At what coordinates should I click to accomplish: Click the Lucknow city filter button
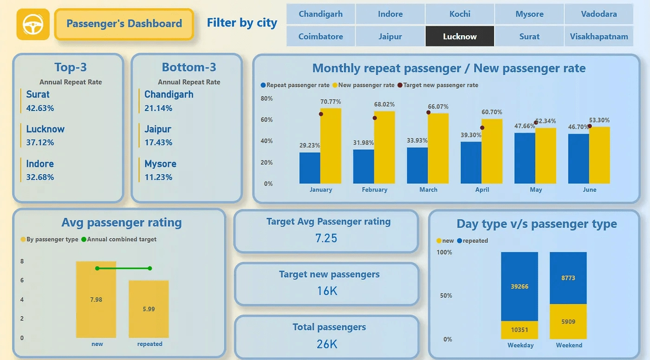coord(460,36)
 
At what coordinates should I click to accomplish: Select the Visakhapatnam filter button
coord(599,36)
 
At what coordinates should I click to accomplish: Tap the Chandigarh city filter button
coord(321,14)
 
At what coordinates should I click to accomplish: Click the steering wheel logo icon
coord(33,24)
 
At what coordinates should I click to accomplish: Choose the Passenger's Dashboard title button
coord(124,24)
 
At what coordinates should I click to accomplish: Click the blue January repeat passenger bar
coord(310,168)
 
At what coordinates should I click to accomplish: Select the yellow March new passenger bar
coord(438,148)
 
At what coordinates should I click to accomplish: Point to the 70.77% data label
coord(331,102)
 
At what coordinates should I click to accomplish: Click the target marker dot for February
coord(375,118)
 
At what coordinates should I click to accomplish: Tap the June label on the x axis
coord(589,190)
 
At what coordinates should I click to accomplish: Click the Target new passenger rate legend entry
coord(440,85)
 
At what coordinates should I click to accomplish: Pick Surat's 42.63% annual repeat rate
coord(40,108)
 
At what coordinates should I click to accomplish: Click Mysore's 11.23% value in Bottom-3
coord(158,177)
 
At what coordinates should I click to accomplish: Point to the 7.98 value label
coord(96,300)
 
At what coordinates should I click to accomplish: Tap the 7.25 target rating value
coord(326,238)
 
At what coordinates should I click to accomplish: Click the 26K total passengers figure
coord(327,344)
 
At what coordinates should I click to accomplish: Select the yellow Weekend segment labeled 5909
coord(568,321)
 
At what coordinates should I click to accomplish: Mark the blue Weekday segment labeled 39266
coord(519,287)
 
